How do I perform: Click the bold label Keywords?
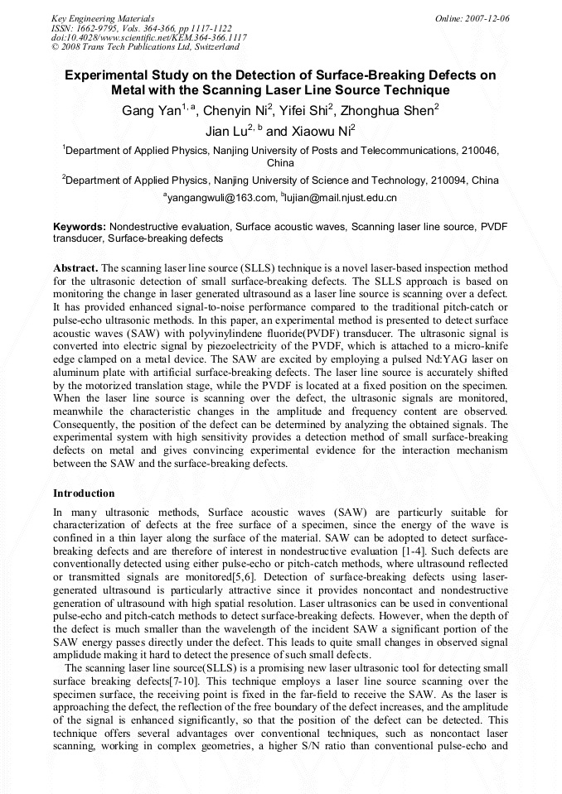[x=80, y=225]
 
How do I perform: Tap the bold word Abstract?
[x=75, y=268]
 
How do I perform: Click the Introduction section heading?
[x=84, y=493]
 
